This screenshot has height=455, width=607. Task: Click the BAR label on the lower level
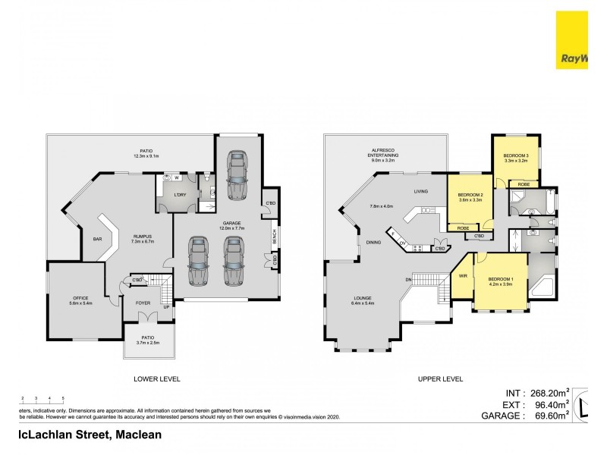pos(97,240)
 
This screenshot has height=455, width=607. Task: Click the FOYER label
pos(143,303)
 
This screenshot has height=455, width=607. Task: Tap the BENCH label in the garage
pos(274,238)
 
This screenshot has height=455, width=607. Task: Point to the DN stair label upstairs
pos(407,281)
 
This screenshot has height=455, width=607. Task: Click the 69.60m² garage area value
pos(547,416)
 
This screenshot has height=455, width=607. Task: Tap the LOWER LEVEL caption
pos(156,378)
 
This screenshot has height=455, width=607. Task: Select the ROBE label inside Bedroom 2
pos(462,227)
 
